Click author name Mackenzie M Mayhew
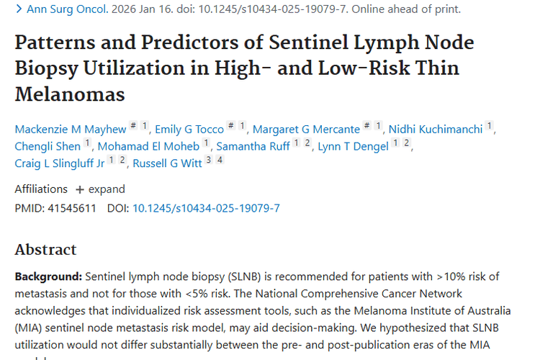tap(70, 129)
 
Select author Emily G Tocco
tap(190, 129)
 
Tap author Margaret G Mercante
tap(306, 129)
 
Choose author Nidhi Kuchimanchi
tap(436, 129)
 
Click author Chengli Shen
tap(48, 146)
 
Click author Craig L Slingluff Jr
tap(60, 163)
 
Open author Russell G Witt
tap(167, 163)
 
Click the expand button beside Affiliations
tap(100, 189)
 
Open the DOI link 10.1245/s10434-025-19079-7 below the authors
tap(206, 208)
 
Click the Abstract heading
tap(45, 250)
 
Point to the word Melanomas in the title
tap(70, 94)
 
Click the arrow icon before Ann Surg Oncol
tap(18, 9)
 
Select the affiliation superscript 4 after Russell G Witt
tap(220, 160)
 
